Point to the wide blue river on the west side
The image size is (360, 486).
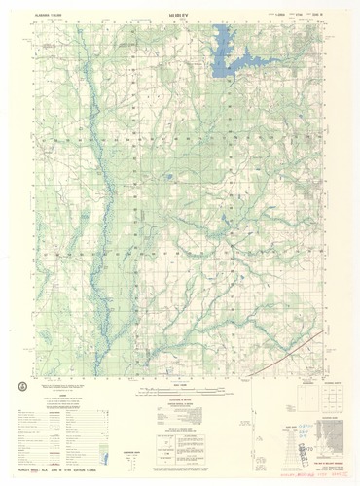(x=98, y=194)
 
